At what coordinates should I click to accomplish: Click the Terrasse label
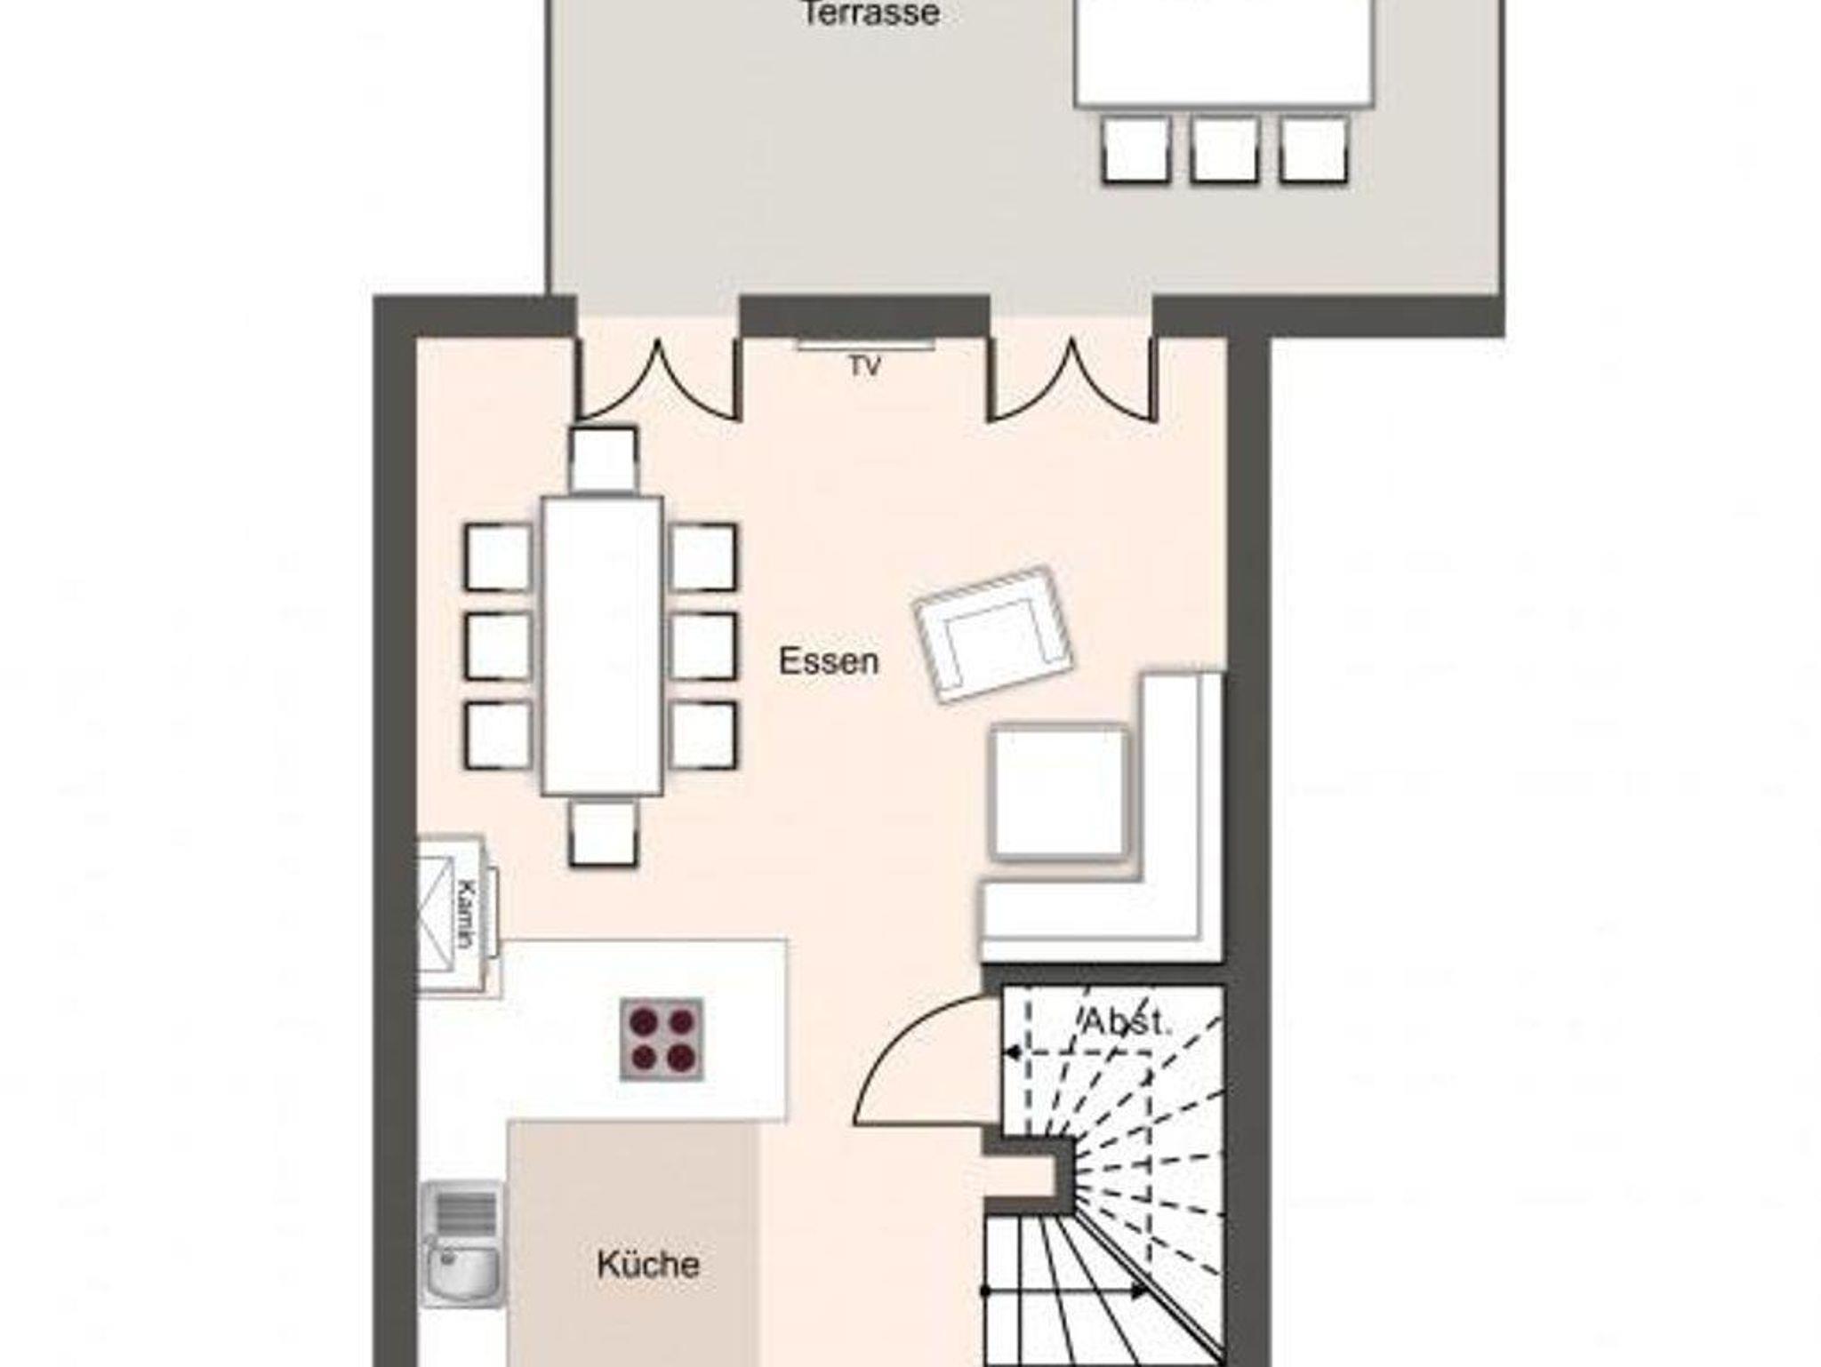coord(870,13)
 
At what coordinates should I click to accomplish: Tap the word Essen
coord(829,661)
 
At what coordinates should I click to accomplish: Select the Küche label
coord(648,1264)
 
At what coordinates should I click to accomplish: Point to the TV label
coord(864,366)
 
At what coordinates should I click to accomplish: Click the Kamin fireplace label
coord(464,914)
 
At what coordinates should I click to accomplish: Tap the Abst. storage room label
coord(1127,1022)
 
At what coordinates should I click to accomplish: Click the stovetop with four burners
coord(662,1040)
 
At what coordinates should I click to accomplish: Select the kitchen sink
coord(461,1245)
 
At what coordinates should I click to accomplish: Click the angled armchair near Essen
coord(993,634)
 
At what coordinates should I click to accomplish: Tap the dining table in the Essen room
coord(603,646)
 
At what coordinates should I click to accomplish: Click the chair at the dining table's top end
coord(604,459)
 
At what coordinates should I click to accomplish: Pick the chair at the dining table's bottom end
coord(604,833)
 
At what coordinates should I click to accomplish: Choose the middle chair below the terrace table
coord(1225,150)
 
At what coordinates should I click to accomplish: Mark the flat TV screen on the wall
coord(865,345)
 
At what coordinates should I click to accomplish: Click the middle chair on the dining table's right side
coord(703,646)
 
